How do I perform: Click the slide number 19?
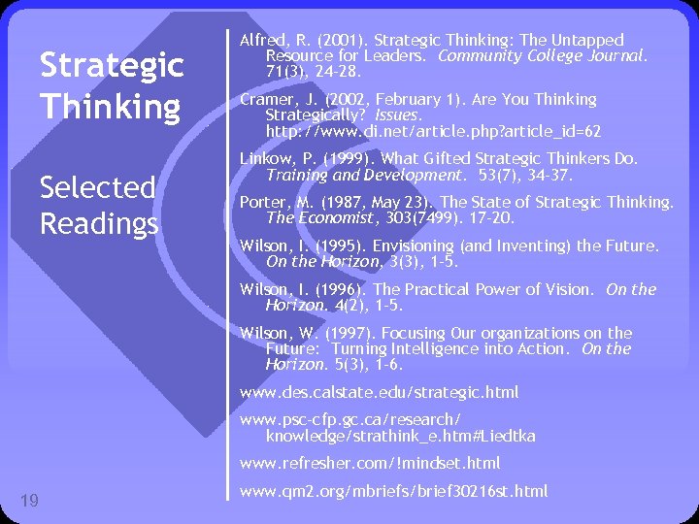point(29,501)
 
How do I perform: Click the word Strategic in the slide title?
point(111,66)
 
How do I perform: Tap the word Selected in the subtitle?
point(97,186)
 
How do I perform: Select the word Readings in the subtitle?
point(99,224)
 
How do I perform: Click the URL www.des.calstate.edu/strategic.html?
point(379,392)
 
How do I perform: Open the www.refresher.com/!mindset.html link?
point(370,463)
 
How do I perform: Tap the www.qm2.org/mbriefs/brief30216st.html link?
point(393,491)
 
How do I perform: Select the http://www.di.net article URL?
point(433,130)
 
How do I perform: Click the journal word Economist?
point(330,218)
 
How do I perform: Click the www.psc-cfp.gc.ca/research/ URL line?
point(350,419)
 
